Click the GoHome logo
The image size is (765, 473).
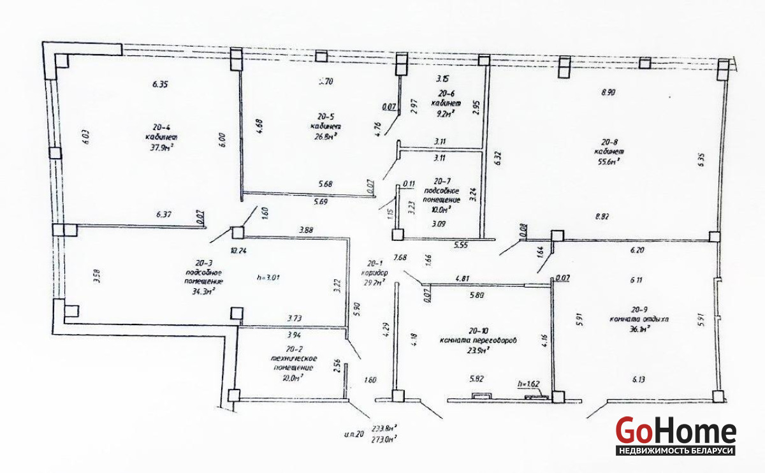[676, 437]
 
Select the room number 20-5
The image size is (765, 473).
[326, 117]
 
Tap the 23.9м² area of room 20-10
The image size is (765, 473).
[477, 350]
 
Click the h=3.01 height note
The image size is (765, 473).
[268, 277]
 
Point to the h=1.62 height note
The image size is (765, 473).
[528, 384]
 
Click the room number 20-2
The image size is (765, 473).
[294, 349]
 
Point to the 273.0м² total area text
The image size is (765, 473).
[384, 438]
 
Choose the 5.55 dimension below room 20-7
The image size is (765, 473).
[462, 244]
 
